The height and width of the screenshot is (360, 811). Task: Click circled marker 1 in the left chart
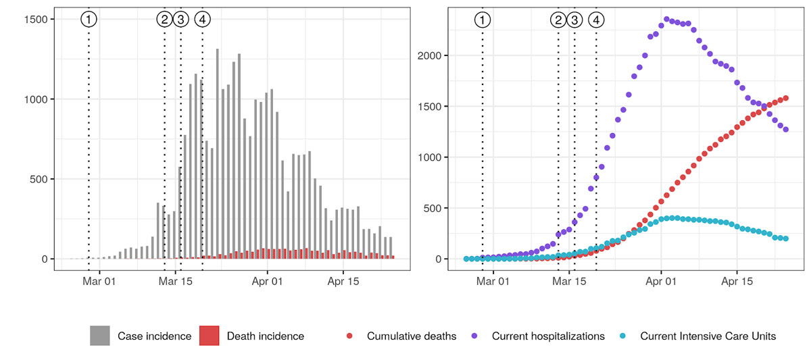click(x=89, y=20)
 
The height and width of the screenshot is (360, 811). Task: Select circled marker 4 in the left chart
click(x=202, y=20)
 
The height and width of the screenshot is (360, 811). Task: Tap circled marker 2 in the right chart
click(x=558, y=20)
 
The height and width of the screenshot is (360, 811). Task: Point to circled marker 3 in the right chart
click(x=574, y=20)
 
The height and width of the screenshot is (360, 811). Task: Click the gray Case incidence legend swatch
click(x=100, y=336)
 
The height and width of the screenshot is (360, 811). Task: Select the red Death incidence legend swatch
click(x=210, y=336)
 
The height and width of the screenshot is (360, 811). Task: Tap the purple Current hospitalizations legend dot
click(x=474, y=336)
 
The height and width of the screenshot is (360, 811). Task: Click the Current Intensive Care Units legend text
click(x=708, y=336)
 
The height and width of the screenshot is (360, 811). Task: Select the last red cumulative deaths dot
click(x=786, y=99)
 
